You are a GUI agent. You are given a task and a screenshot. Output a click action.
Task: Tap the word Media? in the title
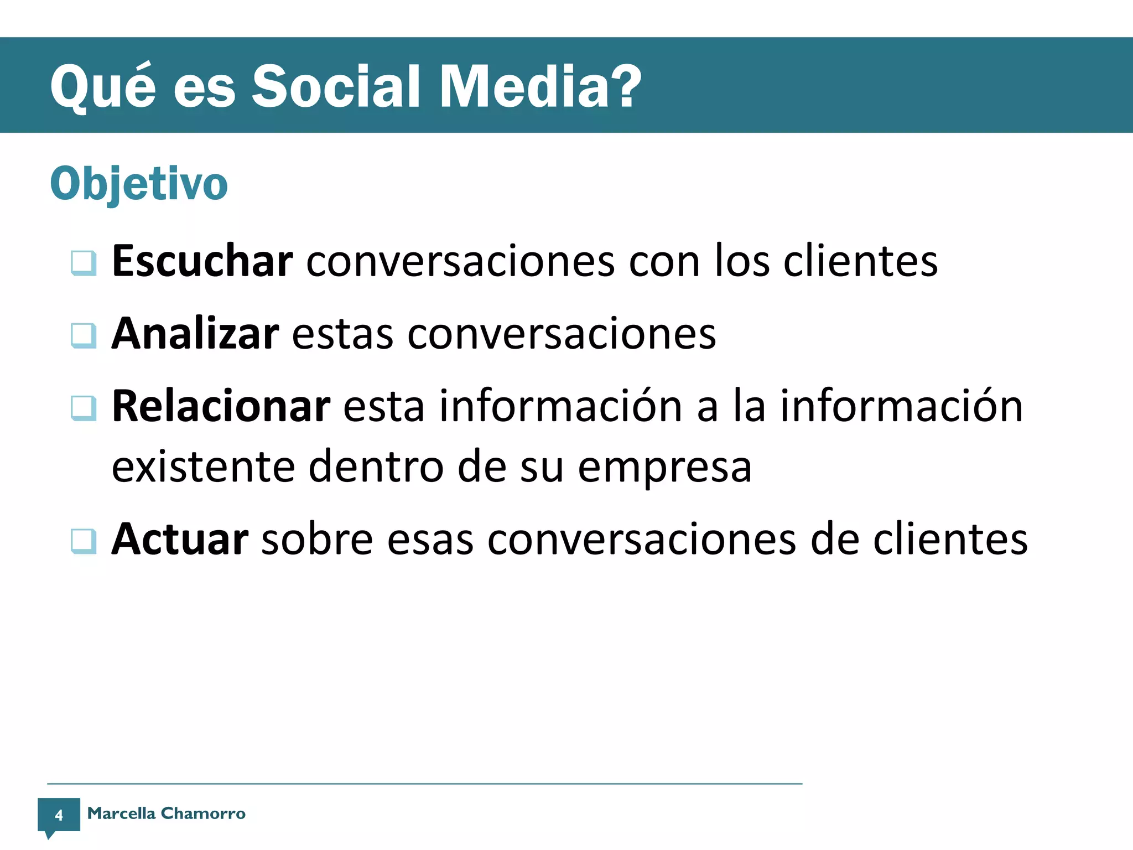pos(540,86)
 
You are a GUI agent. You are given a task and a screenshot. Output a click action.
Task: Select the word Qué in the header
pos(103,87)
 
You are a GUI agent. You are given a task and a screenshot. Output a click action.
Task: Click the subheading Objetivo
pos(139,184)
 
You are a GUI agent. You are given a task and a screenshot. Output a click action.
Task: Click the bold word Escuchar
pos(202,261)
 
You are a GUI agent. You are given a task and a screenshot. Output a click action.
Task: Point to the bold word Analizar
pos(195,334)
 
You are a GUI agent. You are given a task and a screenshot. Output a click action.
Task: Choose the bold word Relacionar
pos(221,406)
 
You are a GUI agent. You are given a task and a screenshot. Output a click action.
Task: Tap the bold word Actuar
pos(180,539)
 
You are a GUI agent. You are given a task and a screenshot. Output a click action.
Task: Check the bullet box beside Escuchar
pos(84,263)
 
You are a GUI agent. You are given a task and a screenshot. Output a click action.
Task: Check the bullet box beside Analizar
pos(84,335)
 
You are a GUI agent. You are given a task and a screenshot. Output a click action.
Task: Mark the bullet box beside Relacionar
pos(84,408)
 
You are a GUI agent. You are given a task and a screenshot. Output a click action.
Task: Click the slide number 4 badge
pos(59,815)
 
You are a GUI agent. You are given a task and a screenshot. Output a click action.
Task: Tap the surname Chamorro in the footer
pos(203,813)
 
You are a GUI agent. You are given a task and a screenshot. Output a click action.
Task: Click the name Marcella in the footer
pos(121,813)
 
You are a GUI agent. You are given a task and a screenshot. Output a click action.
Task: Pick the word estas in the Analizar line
pos(342,335)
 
